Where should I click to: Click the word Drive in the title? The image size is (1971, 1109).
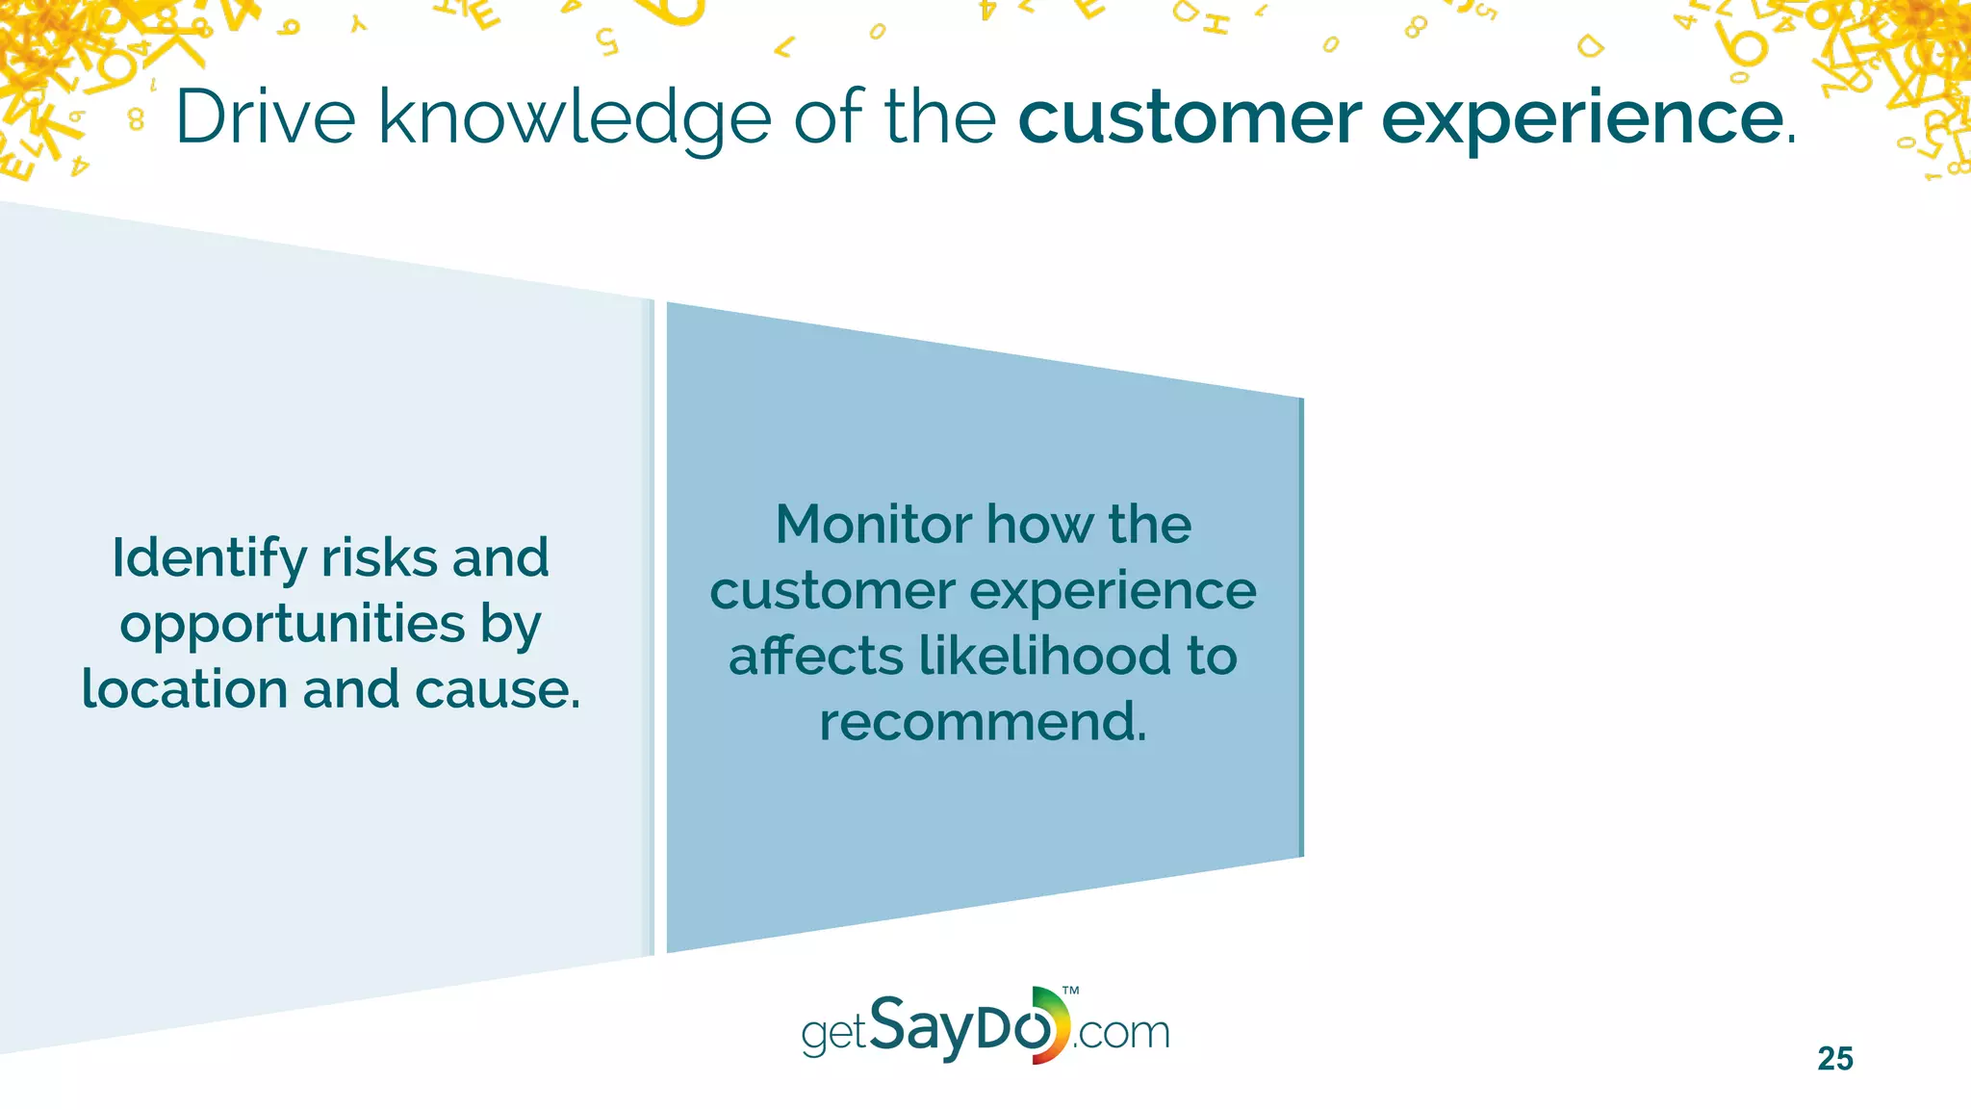pos(266,117)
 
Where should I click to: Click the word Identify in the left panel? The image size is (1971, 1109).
pos(209,559)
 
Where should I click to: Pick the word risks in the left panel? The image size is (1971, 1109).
pos(379,557)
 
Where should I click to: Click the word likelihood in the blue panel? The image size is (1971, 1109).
pos(1043,656)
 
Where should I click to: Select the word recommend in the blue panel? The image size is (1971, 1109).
pos(981,722)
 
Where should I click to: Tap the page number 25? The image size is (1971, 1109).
pos(1834,1059)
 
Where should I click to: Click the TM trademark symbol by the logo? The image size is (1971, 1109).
pos(1070,991)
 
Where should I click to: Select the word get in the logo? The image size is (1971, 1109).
pos(833,1035)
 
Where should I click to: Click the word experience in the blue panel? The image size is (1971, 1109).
pos(1117,592)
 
